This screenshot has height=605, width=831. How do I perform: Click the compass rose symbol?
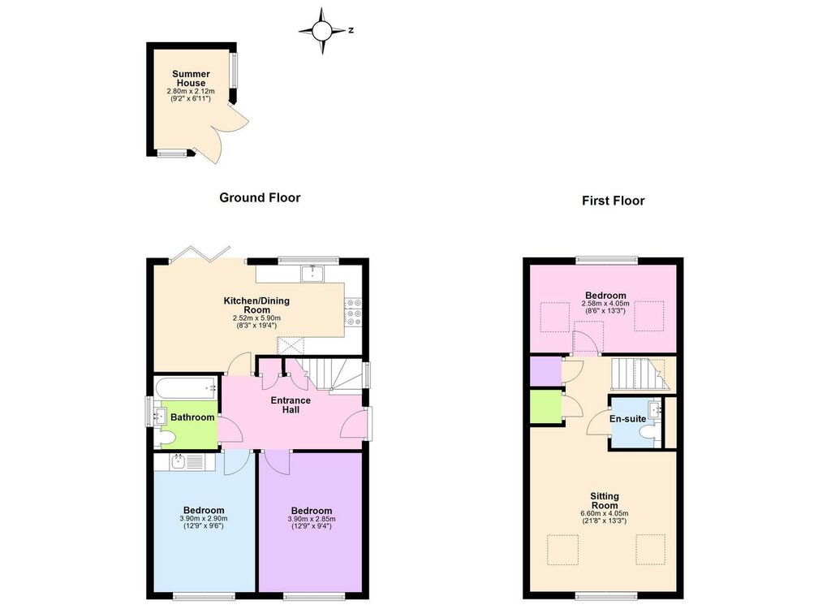[x=321, y=31]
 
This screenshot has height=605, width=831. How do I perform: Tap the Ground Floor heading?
[x=260, y=198]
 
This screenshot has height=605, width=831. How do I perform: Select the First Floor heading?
[x=614, y=201]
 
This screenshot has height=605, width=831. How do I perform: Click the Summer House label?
[x=191, y=79]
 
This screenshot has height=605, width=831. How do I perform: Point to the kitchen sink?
[x=313, y=274]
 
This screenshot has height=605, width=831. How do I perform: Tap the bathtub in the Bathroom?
[x=187, y=387]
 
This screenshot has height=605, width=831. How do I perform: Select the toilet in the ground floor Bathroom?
[x=166, y=438]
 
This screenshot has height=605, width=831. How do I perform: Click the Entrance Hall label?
[x=291, y=404]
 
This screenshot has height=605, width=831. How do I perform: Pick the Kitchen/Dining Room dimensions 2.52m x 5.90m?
[x=256, y=318]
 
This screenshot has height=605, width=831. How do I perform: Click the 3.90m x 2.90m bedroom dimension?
[x=204, y=519]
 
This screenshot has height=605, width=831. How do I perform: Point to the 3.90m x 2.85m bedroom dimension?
[x=312, y=519]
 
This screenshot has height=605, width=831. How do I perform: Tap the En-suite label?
[x=627, y=419]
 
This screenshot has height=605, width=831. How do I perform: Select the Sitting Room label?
[x=605, y=500]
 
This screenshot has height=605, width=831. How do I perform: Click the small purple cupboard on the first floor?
[x=546, y=371]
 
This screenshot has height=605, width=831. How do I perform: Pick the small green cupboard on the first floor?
[x=546, y=407]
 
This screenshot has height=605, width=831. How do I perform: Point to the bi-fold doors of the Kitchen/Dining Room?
[x=200, y=254]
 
